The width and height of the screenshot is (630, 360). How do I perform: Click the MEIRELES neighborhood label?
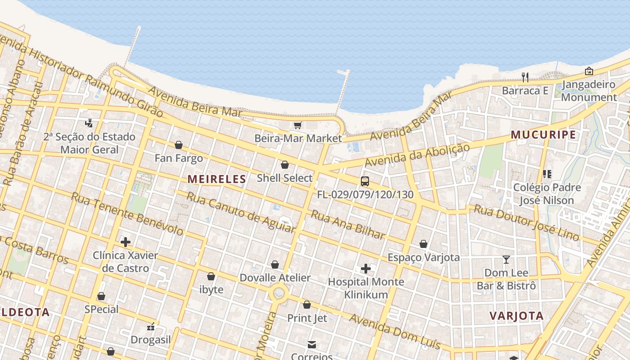[x=217, y=179]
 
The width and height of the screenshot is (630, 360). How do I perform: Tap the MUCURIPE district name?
[x=543, y=135]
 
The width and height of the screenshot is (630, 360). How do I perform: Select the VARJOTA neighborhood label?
[x=517, y=315]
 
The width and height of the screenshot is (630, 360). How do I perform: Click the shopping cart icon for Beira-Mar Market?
[x=297, y=126]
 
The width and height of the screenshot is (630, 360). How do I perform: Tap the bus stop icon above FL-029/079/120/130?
[x=365, y=181]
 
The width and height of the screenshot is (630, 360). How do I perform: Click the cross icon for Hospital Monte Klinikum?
[x=366, y=269]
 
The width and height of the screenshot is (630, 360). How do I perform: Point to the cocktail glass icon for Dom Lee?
[x=506, y=260]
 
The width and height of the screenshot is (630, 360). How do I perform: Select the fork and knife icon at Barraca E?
[x=525, y=77]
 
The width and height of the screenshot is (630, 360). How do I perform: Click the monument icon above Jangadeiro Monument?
[x=589, y=71]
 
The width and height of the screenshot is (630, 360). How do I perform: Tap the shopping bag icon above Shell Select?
[x=284, y=165]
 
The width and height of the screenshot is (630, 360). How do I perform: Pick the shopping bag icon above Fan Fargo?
[x=179, y=145]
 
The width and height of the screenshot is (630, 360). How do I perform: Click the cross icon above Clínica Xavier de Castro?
[x=126, y=242]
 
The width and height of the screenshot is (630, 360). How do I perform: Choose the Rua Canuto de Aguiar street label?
[x=241, y=212]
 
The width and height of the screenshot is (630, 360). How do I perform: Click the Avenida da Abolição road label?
[x=417, y=155]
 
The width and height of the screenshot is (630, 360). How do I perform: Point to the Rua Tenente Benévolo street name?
[x=127, y=214]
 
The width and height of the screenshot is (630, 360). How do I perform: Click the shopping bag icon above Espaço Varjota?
[x=423, y=244]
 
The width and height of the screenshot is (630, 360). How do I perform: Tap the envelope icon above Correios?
[x=311, y=345]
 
